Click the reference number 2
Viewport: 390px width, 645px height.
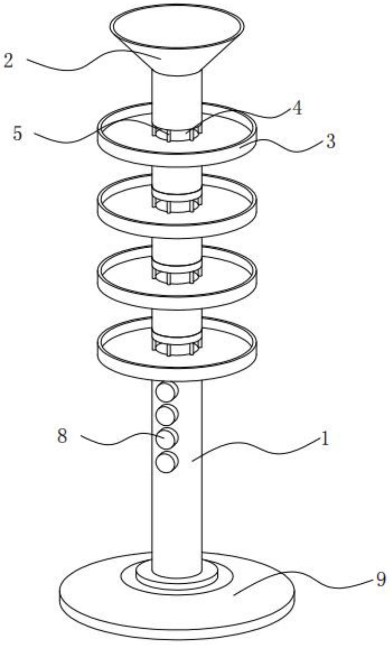[x=9, y=61]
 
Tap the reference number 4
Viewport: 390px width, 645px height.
[x=297, y=108]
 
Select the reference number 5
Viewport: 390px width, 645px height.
[x=18, y=133]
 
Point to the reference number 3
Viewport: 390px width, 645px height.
[x=330, y=141]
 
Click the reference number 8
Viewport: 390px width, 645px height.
[x=63, y=436]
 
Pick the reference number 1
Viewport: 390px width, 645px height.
[x=325, y=439]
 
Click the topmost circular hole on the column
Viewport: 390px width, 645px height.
[x=166, y=392]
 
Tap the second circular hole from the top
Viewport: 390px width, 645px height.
[x=166, y=415]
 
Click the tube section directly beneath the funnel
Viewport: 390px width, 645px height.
[x=177, y=97]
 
